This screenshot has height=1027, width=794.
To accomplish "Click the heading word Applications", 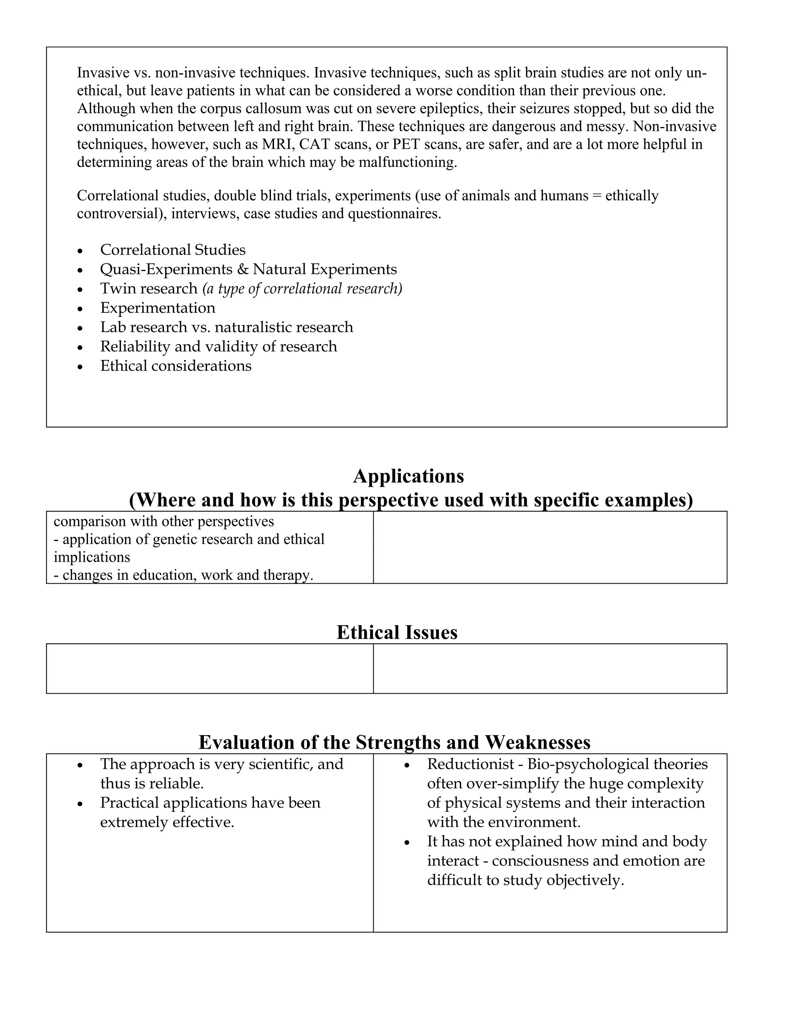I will (408, 476).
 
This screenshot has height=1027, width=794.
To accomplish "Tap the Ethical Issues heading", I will (397, 632).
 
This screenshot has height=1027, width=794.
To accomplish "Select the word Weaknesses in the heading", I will (537, 743).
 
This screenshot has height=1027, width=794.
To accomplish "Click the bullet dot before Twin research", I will (80, 289).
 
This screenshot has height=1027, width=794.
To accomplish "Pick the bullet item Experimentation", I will (157, 308).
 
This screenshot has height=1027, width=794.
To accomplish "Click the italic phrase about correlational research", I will (302, 289).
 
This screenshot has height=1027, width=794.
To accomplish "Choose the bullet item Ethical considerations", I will (176, 366).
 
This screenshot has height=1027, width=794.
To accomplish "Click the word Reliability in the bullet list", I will (135, 346).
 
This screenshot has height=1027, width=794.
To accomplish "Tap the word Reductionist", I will (470, 764).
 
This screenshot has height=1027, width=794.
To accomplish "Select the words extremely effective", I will (167, 822).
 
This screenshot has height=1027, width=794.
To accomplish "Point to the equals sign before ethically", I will (596, 196).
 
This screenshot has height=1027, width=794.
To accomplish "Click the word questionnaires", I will (394, 214).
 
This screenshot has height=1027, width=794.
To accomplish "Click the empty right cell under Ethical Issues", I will (549, 668).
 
